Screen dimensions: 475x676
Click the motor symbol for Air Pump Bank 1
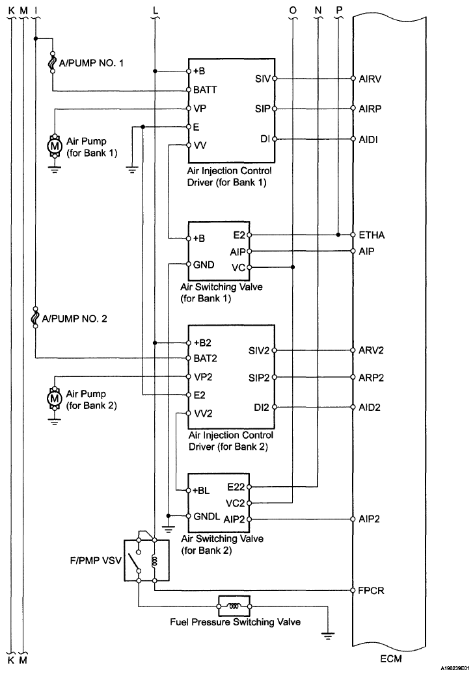(x=55, y=146)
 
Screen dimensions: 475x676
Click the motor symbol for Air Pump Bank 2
(x=55, y=398)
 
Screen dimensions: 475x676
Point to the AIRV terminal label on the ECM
(x=370, y=79)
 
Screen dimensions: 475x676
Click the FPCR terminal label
(x=371, y=590)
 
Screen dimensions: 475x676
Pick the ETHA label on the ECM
(x=372, y=235)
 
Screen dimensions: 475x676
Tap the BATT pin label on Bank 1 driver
(x=205, y=90)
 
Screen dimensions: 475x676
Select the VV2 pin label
(x=203, y=413)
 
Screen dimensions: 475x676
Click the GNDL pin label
(x=207, y=516)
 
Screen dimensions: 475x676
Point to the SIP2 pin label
(x=259, y=378)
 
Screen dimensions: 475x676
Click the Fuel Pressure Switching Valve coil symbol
(x=234, y=606)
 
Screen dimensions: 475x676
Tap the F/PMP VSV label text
(x=96, y=561)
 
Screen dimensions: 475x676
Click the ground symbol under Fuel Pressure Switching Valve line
(x=328, y=634)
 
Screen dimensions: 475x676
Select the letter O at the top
(x=293, y=10)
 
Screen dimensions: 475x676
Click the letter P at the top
(x=339, y=10)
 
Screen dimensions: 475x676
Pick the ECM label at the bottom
(x=391, y=658)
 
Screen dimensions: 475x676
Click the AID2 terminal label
(x=370, y=408)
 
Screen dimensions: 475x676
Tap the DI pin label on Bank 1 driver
(x=265, y=139)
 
